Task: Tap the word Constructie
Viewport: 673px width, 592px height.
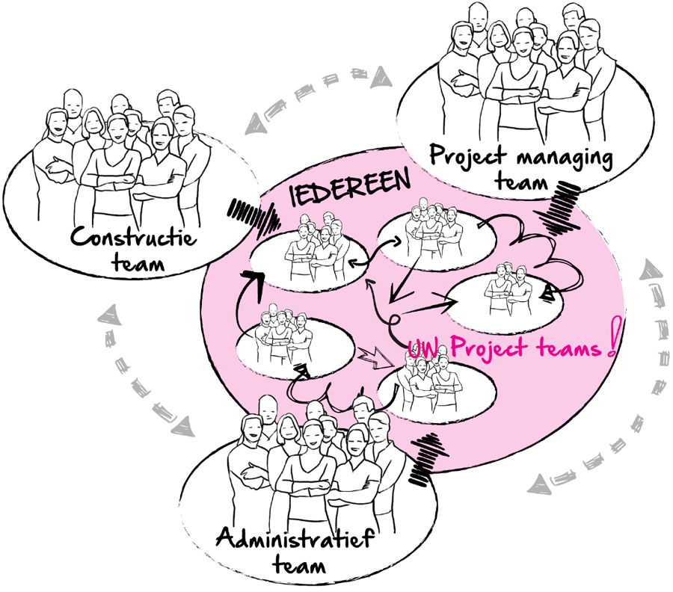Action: coord(134,236)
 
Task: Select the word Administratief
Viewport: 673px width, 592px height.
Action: coord(295,537)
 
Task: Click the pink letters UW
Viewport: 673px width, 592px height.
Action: coord(422,348)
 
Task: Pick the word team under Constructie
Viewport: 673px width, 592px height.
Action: coord(138,262)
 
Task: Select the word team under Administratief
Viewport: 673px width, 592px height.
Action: coord(299,564)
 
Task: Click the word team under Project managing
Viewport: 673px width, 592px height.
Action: coord(521,182)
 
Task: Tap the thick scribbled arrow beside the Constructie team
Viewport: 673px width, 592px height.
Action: coord(253,218)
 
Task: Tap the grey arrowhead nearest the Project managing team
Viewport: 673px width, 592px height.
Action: coord(381,77)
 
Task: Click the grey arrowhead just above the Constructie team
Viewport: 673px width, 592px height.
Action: coord(256,123)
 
